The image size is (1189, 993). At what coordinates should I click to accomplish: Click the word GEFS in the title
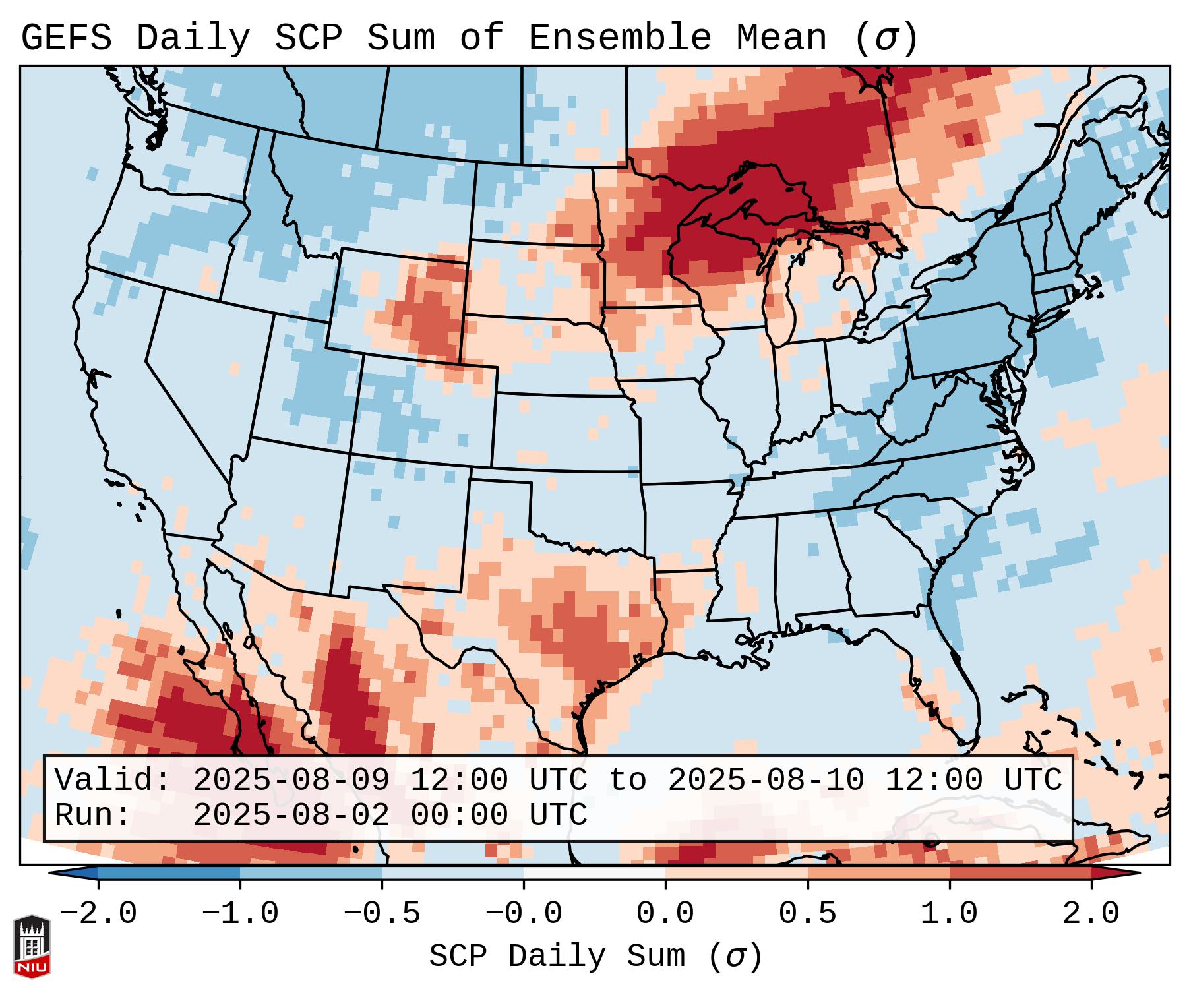66,38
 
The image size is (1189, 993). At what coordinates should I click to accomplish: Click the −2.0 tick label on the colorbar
98,914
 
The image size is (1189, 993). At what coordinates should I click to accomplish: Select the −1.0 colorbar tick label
240,914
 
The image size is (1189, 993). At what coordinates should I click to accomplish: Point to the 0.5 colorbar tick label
807,914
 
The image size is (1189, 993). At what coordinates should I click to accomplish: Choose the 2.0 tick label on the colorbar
1091,914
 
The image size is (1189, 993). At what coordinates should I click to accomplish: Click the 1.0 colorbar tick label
949,914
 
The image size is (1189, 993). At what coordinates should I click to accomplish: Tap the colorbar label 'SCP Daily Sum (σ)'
595,956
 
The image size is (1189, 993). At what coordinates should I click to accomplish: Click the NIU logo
32,946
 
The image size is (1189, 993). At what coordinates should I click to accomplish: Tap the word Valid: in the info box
112,781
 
